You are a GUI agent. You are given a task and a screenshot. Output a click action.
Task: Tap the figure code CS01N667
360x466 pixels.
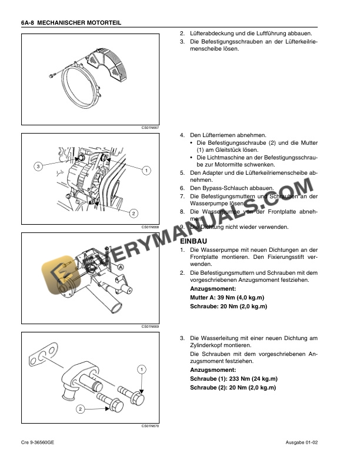pos(150,127)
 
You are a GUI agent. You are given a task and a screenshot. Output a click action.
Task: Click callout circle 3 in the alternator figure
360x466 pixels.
pos(38,167)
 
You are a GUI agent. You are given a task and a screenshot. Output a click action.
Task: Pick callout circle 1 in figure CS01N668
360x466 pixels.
pos(145,171)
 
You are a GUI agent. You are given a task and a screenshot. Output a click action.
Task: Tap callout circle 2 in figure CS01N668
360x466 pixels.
pos(134,212)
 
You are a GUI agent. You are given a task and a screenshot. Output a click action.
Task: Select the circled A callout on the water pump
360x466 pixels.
pos(121,267)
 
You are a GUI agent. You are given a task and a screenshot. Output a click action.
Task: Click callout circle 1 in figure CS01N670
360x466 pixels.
pos(142,369)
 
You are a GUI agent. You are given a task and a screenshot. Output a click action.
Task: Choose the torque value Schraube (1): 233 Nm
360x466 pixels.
pos(234,379)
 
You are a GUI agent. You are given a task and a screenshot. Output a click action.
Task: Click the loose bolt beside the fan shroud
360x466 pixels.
pos(52,74)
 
